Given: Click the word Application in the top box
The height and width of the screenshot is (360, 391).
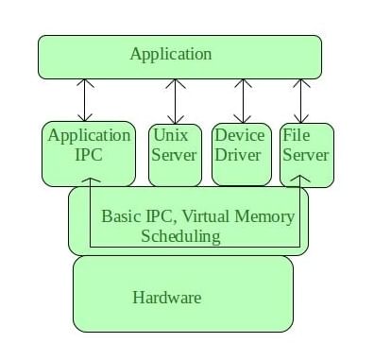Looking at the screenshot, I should click(x=171, y=54).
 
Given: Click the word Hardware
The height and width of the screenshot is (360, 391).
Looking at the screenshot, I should click(x=166, y=298).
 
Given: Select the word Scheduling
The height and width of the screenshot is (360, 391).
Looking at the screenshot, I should click(x=180, y=236).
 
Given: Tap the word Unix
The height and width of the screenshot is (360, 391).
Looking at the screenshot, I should click(x=171, y=135).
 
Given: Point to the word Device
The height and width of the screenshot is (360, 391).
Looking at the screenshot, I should click(x=239, y=135).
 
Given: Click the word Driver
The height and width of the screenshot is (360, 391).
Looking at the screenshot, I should click(x=237, y=154).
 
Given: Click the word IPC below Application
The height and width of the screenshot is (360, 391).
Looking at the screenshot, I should click(x=88, y=154).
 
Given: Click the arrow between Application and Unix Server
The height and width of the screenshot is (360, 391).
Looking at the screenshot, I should click(x=176, y=100).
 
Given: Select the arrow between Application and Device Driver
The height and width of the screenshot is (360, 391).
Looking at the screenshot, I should click(x=245, y=100).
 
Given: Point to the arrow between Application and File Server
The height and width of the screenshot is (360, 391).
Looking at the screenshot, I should click(x=301, y=100).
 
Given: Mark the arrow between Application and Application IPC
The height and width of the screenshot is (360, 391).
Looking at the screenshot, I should click(x=87, y=100).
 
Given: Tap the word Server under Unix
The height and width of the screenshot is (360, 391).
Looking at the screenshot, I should click(x=175, y=154).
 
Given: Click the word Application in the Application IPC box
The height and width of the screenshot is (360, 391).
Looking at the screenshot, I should click(x=89, y=135).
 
